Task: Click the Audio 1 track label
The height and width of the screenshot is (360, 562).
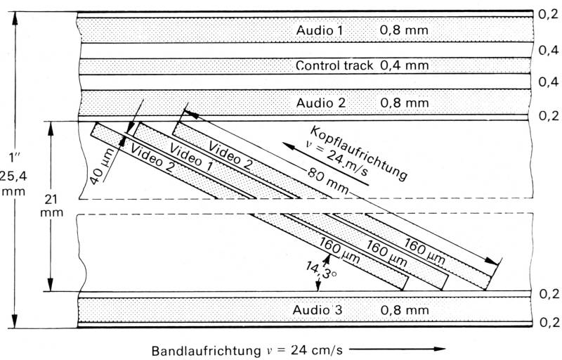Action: pos(320,31)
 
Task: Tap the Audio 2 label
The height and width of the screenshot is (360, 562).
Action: pos(320,103)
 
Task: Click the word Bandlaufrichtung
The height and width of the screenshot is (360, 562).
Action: pos(193,349)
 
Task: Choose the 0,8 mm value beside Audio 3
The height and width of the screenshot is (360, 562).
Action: pos(404,310)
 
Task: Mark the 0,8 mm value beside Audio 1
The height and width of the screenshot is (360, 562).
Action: pos(404,31)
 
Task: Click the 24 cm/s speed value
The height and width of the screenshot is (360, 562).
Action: pos(312,349)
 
